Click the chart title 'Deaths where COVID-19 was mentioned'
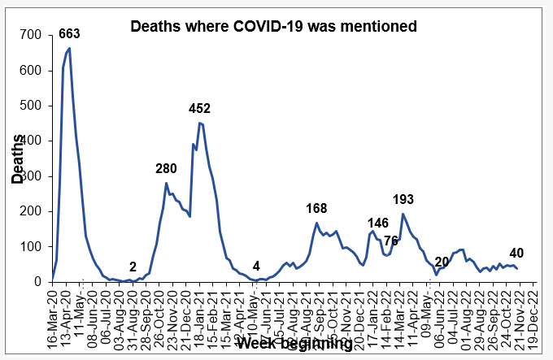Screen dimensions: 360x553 click(x=274, y=27)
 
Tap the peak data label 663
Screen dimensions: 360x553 click(x=70, y=33)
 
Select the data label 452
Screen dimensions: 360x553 click(x=200, y=108)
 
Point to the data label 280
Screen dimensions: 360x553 click(x=167, y=168)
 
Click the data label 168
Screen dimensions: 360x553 click(x=317, y=208)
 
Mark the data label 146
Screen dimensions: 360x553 click(x=378, y=223)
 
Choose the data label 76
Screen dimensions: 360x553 click(x=391, y=240)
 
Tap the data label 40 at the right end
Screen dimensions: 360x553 click(x=516, y=253)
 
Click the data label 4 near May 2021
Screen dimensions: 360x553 click(x=256, y=266)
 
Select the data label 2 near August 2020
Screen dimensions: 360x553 click(x=133, y=267)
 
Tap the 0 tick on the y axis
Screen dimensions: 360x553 click(x=38, y=282)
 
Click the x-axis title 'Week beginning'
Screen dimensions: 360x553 click(x=294, y=344)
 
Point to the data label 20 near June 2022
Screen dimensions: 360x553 click(x=442, y=261)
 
